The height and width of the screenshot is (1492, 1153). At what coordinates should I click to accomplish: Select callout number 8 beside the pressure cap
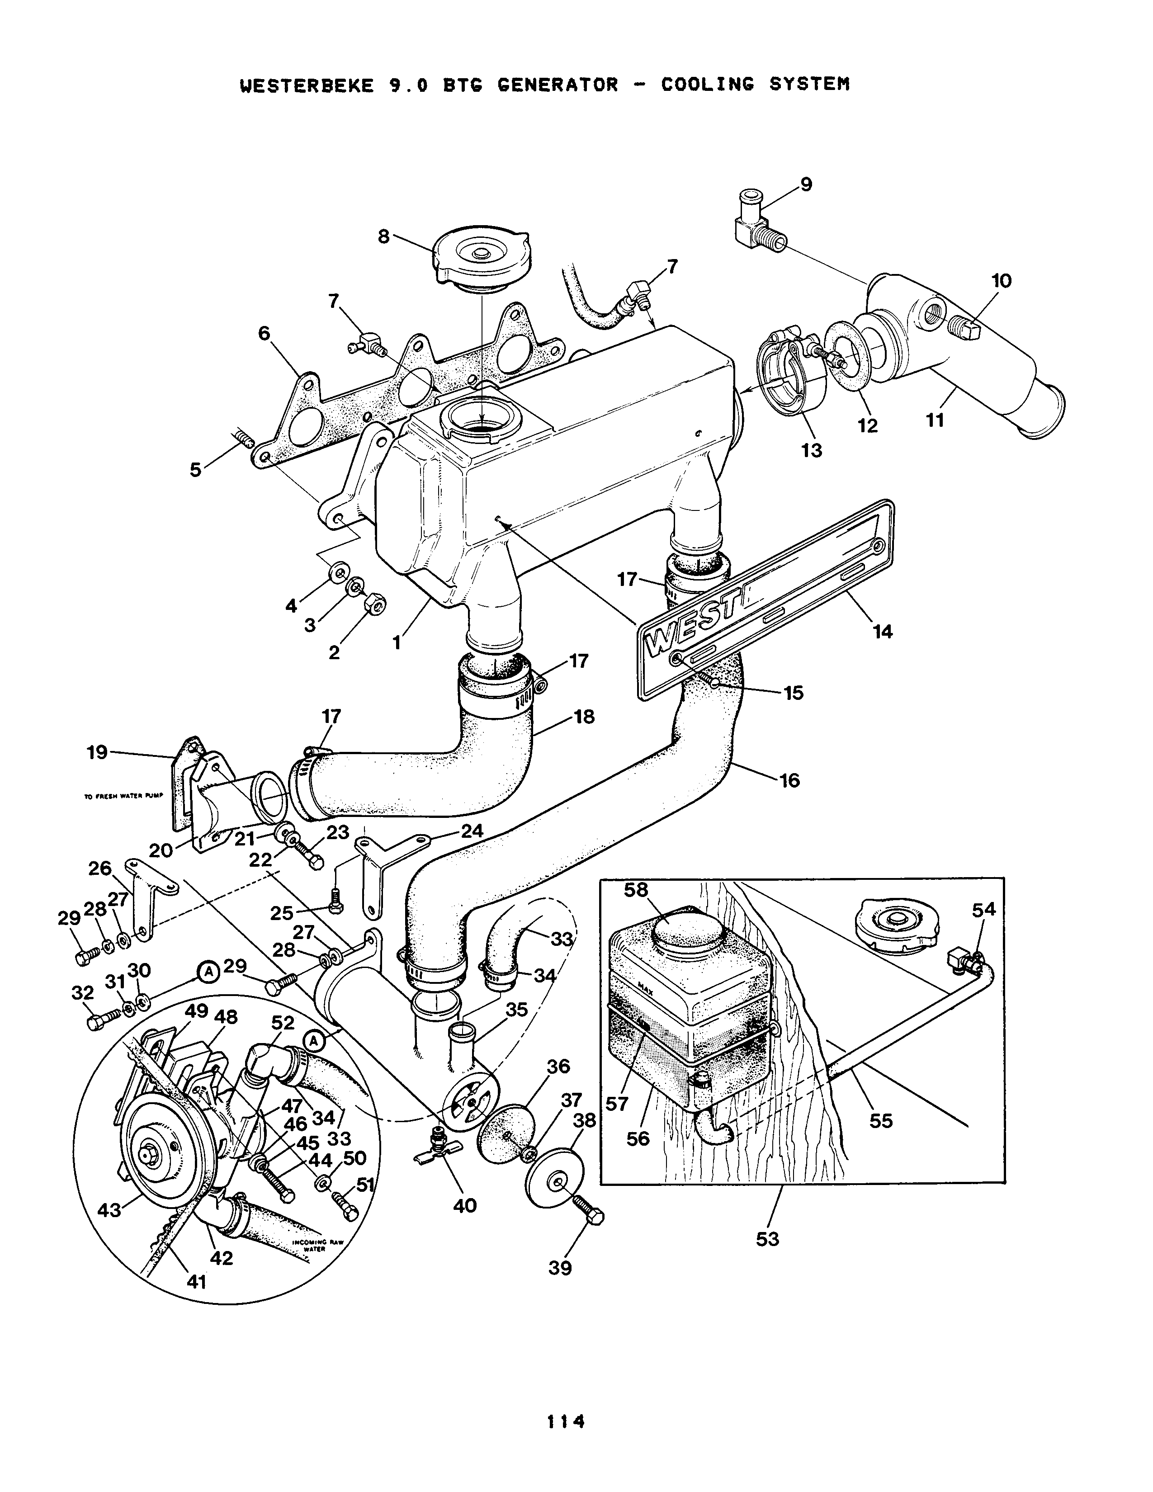(x=384, y=236)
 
